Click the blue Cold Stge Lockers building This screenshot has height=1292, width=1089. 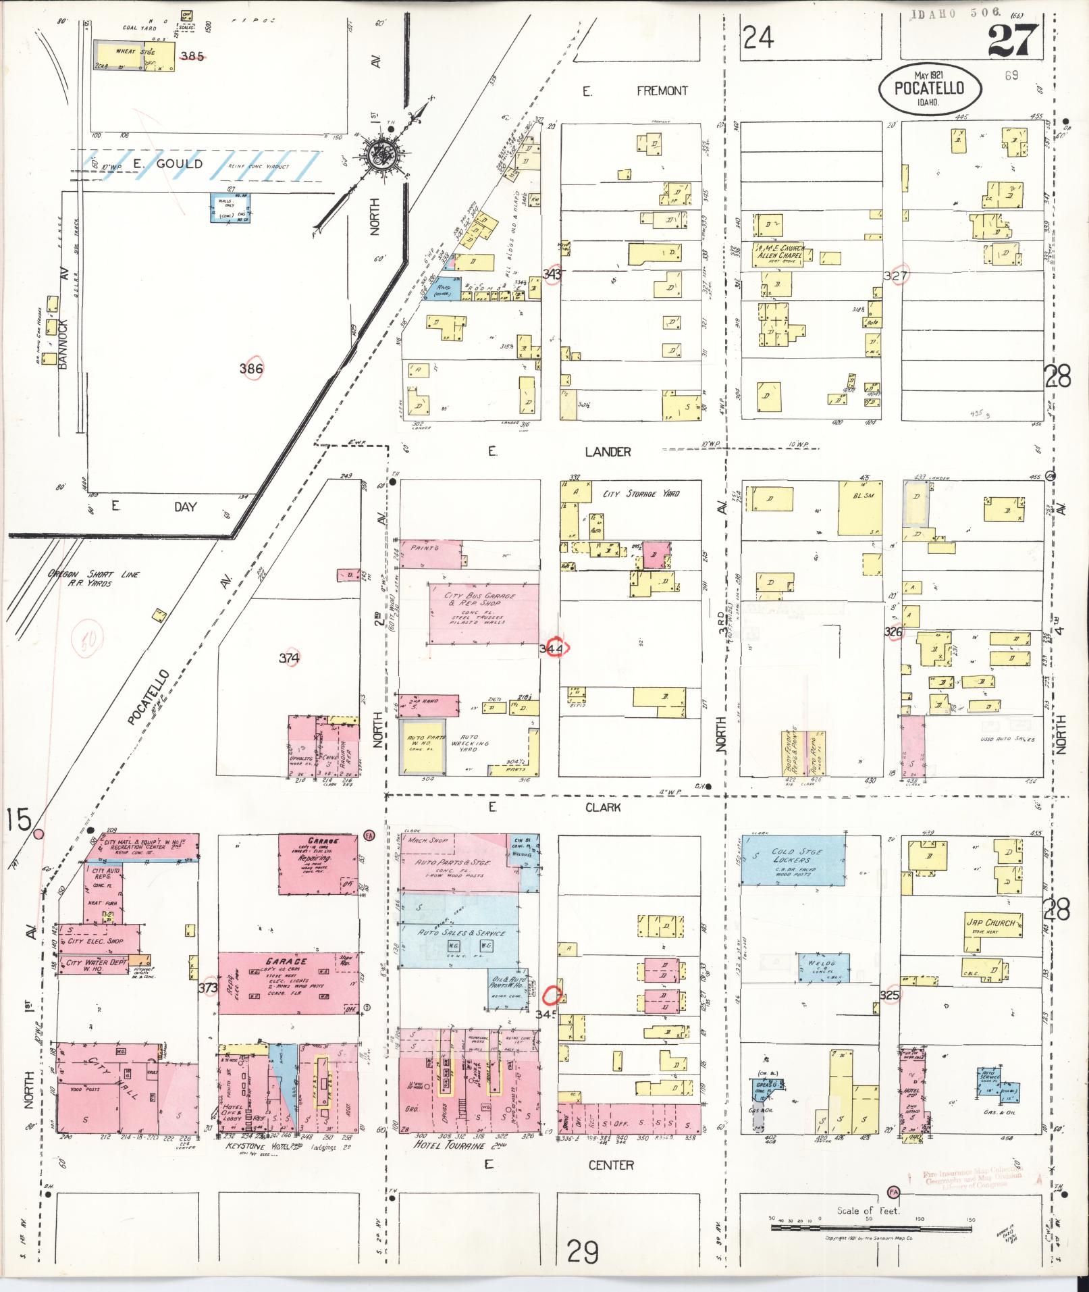tap(793, 860)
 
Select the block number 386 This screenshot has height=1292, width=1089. tap(251, 369)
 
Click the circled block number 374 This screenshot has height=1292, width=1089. tap(290, 657)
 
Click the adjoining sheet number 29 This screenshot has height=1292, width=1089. tap(582, 1253)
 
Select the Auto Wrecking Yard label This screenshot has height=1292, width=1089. tap(469, 743)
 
